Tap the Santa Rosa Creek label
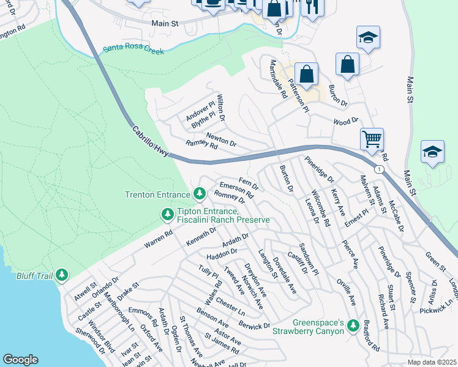coord(133,50)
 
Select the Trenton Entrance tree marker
coord(199,194)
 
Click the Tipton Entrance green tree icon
coord(167,214)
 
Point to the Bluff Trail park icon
coord(62,275)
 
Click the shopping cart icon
coord(372,139)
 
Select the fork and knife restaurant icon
coord(312,6)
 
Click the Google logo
coord(20,359)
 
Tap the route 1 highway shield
coord(380,169)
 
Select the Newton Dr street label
coord(221,139)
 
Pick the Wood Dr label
coord(345,122)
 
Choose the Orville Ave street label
coord(346,292)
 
